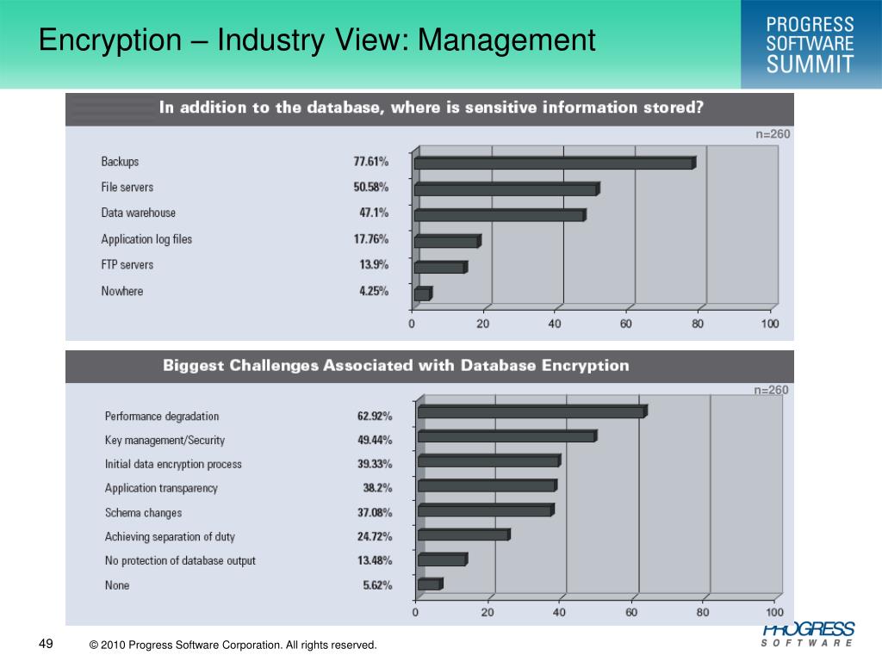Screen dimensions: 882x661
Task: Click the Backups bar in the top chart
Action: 556,163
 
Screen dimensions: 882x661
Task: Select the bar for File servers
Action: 506,188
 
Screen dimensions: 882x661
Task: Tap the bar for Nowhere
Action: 423,293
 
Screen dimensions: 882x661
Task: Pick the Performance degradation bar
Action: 532,411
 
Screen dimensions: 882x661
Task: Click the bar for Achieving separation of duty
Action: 464,534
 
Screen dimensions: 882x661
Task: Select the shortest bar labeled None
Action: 431,584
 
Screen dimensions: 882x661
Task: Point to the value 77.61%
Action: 370,161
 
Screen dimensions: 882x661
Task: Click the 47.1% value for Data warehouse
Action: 374,213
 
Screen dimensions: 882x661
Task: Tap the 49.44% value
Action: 375,440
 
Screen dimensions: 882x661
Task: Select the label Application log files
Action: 146,239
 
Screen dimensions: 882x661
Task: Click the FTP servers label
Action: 127,265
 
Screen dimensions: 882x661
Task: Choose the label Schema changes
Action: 144,513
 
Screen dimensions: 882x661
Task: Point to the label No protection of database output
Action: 180,560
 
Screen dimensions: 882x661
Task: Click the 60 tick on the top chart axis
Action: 626,324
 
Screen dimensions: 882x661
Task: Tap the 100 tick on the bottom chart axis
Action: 774,612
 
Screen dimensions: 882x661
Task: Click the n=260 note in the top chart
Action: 773,133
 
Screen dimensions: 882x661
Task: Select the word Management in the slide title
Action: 506,40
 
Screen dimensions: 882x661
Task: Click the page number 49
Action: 47,644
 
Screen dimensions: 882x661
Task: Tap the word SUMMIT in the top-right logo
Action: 810,64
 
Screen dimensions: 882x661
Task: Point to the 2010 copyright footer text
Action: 233,645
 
